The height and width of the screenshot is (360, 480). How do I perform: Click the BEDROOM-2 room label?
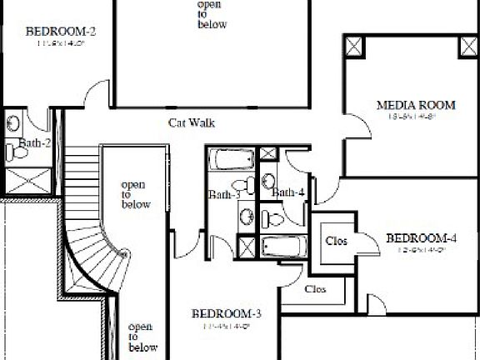click(62, 32)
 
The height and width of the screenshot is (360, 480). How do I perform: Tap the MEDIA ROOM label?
click(416, 105)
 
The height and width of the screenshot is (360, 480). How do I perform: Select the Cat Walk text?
click(192, 122)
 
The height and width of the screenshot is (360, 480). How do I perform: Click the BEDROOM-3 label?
click(227, 313)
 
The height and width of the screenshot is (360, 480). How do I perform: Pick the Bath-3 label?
click(224, 195)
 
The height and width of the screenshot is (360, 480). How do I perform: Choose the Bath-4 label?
click(288, 193)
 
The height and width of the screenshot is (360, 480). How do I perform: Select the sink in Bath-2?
click(13, 123)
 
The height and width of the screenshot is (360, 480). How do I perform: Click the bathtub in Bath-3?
click(231, 158)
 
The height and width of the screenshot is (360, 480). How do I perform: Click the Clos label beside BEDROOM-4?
click(336, 241)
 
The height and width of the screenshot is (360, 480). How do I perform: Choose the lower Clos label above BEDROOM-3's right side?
click(315, 289)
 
